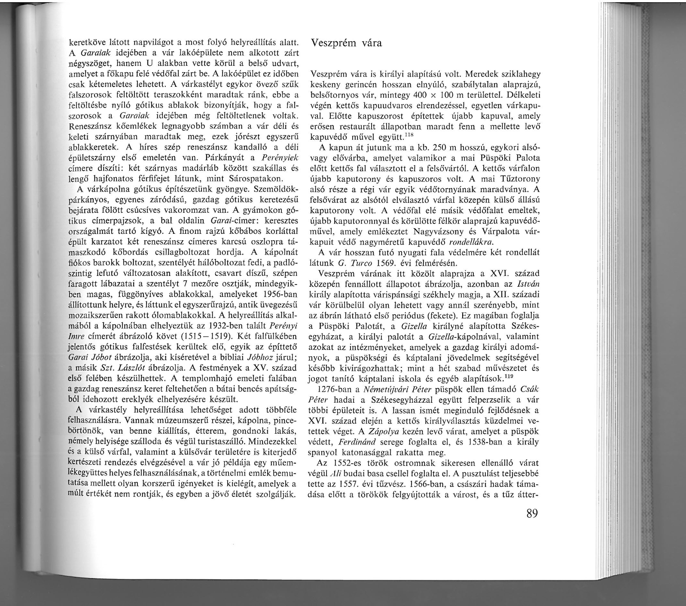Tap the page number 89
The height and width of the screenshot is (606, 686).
528,514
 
